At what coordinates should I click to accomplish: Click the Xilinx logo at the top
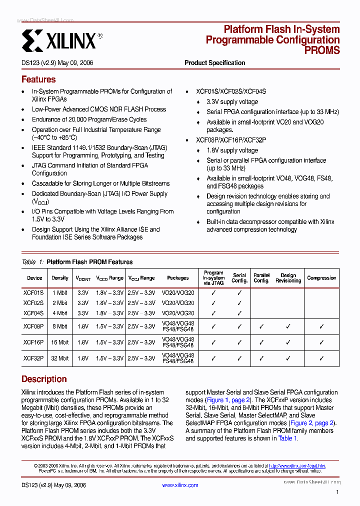(x=59, y=39)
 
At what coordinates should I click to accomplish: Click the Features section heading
(x=38, y=79)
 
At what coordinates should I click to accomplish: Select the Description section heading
(x=44, y=379)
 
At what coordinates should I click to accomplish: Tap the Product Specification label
(x=215, y=63)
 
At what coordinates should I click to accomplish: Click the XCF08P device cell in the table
(x=34, y=326)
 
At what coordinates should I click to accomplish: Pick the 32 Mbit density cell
(x=60, y=358)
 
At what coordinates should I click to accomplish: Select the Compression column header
(x=321, y=278)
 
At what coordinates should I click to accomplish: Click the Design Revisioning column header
(x=288, y=278)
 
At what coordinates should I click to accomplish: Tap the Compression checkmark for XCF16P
(x=321, y=342)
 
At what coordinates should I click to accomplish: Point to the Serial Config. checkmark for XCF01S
(x=239, y=293)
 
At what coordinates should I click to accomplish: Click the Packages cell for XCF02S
(x=178, y=303)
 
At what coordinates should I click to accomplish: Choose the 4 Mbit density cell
(x=60, y=313)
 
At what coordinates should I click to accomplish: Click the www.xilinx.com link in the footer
(x=180, y=485)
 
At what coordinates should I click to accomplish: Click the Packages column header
(x=178, y=278)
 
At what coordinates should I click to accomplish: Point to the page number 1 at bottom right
(x=337, y=492)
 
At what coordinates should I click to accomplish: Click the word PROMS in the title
(x=322, y=50)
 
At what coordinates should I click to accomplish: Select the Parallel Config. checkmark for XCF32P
(x=261, y=358)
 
